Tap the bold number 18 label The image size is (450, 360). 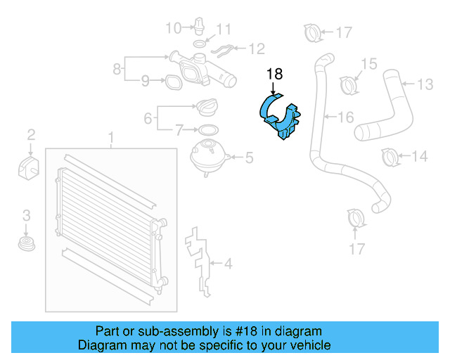tap(274, 73)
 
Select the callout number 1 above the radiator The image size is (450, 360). tap(110, 137)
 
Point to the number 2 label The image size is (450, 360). tap(31, 134)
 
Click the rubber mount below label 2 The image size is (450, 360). tap(30, 169)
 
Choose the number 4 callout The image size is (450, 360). tap(228, 264)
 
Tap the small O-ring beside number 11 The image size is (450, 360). tap(200, 44)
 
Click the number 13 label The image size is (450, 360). tap(425, 84)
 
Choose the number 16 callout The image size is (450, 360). tap(346, 117)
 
